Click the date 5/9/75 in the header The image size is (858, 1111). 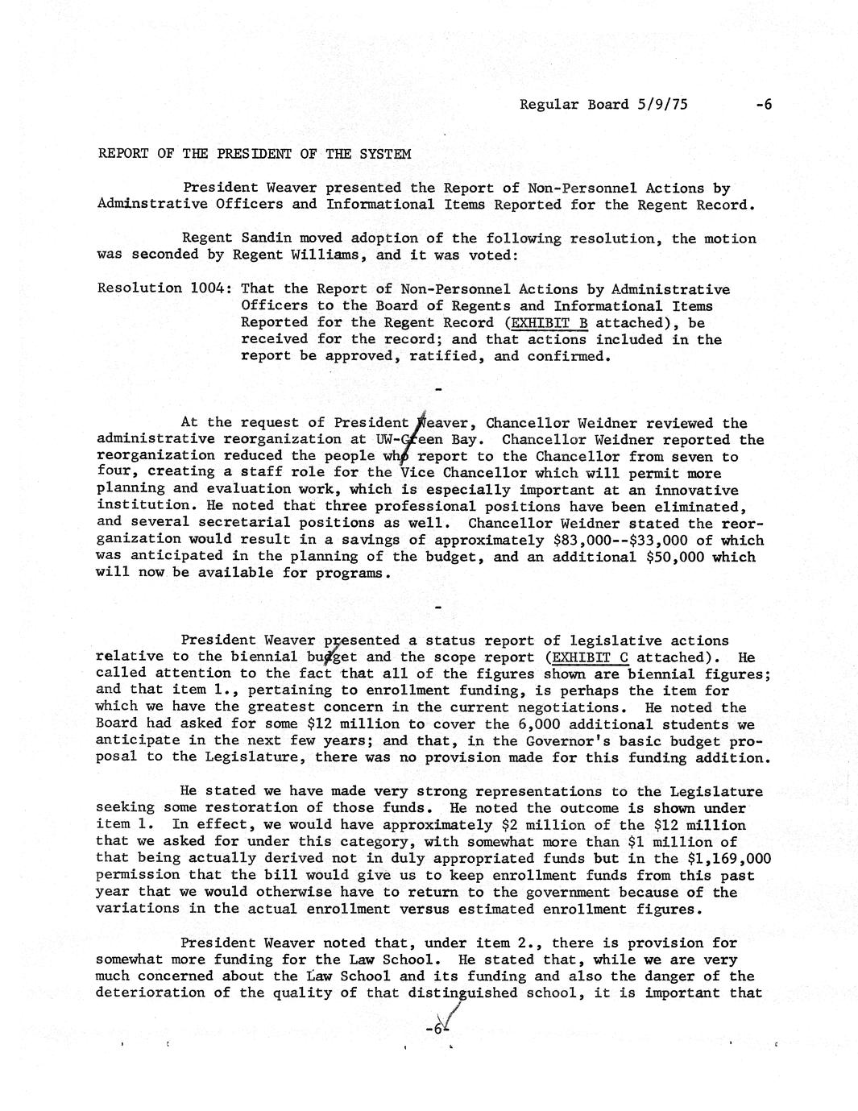tap(661, 105)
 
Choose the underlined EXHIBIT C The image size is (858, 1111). tap(588, 657)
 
